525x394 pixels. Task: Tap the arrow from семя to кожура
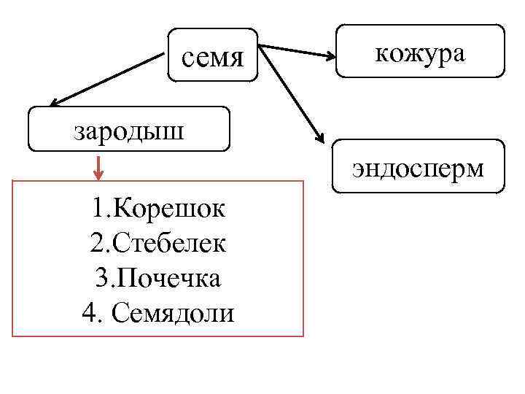pos(295,52)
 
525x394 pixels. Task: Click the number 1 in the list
pos(98,210)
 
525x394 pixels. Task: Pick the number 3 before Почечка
pos(101,278)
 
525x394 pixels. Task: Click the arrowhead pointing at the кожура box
pos(329,55)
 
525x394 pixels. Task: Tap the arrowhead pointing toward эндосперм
pos(319,136)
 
